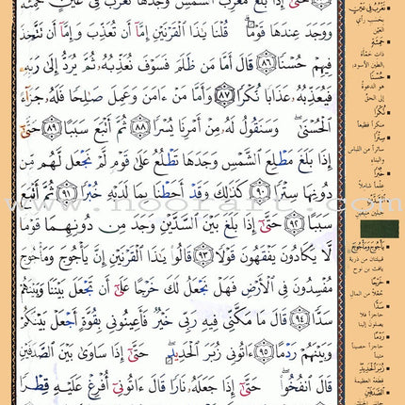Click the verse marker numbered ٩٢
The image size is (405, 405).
click(x=50, y=227)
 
